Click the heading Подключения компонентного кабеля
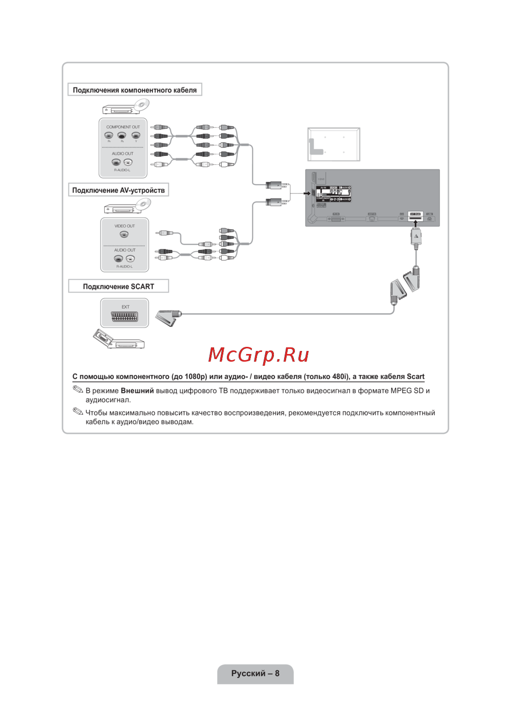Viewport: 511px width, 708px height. pyautogui.click(x=134, y=90)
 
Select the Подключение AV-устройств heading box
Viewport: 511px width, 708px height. pyautogui.click(x=119, y=190)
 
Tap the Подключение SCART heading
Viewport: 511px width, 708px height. pyautogui.click(x=119, y=286)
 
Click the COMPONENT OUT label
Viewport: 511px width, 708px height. pyautogui.click(x=123, y=127)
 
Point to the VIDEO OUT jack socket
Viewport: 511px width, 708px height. pyautogui.click(x=124, y=235)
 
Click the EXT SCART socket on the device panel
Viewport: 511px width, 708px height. pyautogui.click(x=125, y=317)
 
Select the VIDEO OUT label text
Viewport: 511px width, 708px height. pyautogui.click(x=125, y=226)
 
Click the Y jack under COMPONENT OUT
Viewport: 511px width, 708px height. pyautogui.click(x=135, y=136)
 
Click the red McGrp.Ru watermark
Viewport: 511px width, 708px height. pyautogui.click(x=259, y=355)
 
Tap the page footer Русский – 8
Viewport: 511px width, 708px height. pyautogui.click(x=255, y=673)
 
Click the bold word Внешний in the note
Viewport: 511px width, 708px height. pyautogui.click(x=137, y=391)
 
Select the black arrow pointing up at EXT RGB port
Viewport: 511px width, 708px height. pyautogui.click(x=415, y=224)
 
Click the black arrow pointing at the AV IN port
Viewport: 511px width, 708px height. pyautogui.click(x=307, y=193)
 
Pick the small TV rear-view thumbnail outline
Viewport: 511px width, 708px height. pyautogui.click(x=334, y=144)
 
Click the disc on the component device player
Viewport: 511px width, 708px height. pyautogui.click(x=142, y=105)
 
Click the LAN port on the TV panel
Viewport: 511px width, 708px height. pyautogui.click(x=430, y=218)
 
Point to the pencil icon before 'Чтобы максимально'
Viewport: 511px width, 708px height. pyautogui.click(x=78, y=411)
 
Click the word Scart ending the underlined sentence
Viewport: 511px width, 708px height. pyautogui.click(x=415, y=377)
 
